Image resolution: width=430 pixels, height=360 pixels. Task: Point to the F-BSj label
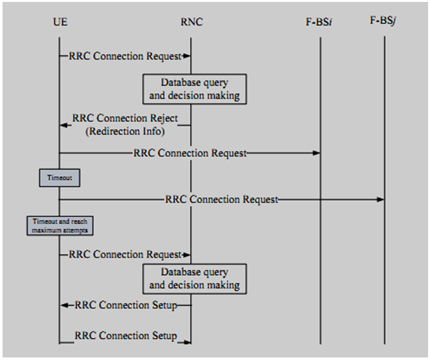384,22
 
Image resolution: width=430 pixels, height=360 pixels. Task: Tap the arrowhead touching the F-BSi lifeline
316,153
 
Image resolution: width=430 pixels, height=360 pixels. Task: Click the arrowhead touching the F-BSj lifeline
380,200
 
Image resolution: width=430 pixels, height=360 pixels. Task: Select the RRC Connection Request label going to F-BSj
221,199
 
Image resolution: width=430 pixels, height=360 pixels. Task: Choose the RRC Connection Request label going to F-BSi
190,153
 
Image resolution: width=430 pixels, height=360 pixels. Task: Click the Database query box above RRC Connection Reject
194,89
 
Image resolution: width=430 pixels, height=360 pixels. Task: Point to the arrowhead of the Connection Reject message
63,124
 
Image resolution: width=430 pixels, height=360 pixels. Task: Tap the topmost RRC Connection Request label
125,56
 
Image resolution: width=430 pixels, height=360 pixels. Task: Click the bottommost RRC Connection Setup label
125,335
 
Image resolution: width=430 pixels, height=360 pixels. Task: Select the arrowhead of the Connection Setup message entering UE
64,306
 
